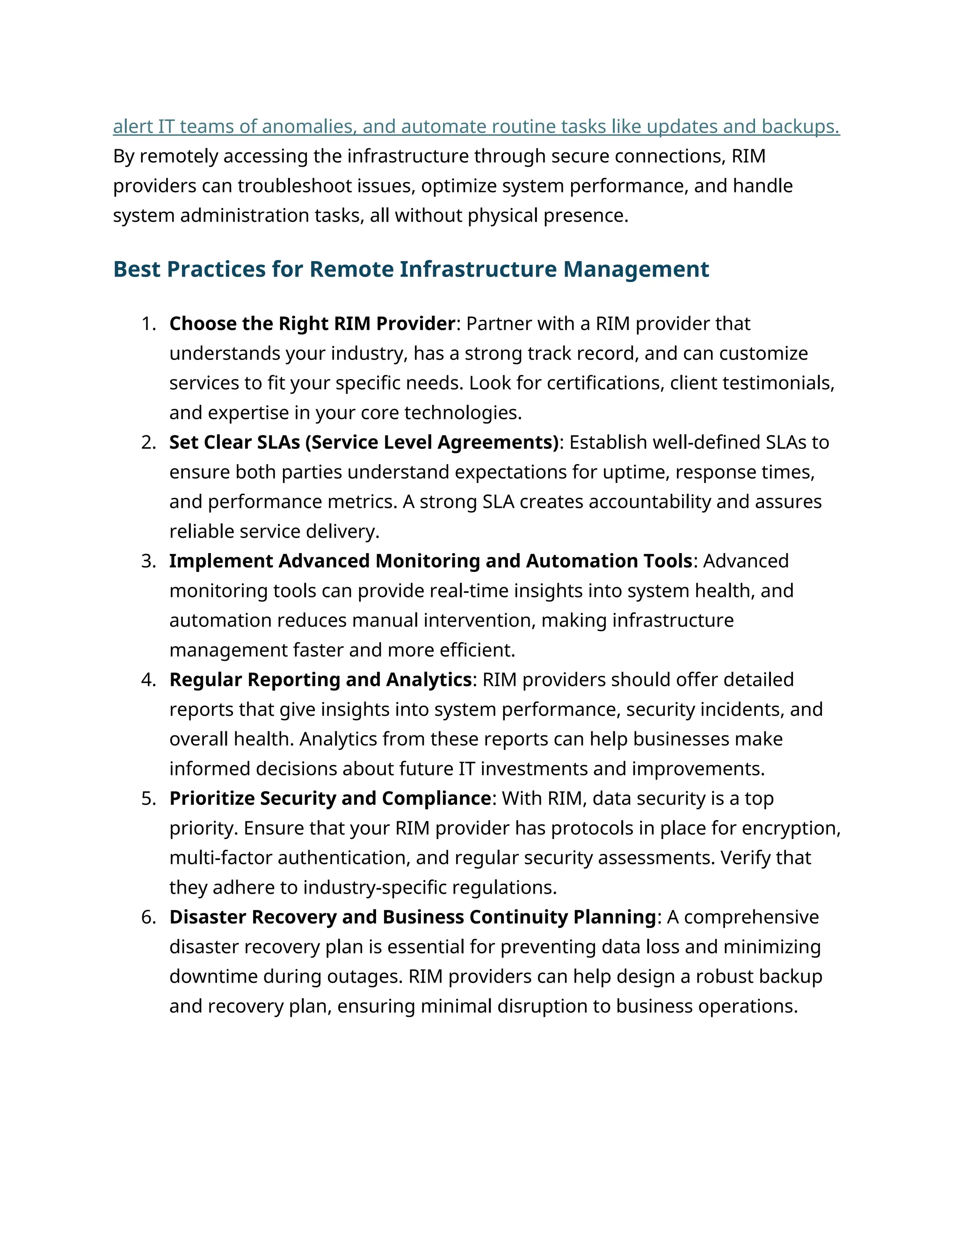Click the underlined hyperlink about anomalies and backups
click(x=476, y=127)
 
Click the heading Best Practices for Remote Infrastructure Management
click(x=411, y=269)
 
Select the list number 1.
click(x=148, y=324)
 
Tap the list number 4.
click(x=148, y=679)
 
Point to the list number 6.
click(x=148, y=917)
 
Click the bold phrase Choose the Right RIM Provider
click(x=312, y=324)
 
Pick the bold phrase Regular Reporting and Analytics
click(x=320, y=679)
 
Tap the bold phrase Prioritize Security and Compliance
click(x=330, y=798)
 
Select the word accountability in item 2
click(x=649, y=502)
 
